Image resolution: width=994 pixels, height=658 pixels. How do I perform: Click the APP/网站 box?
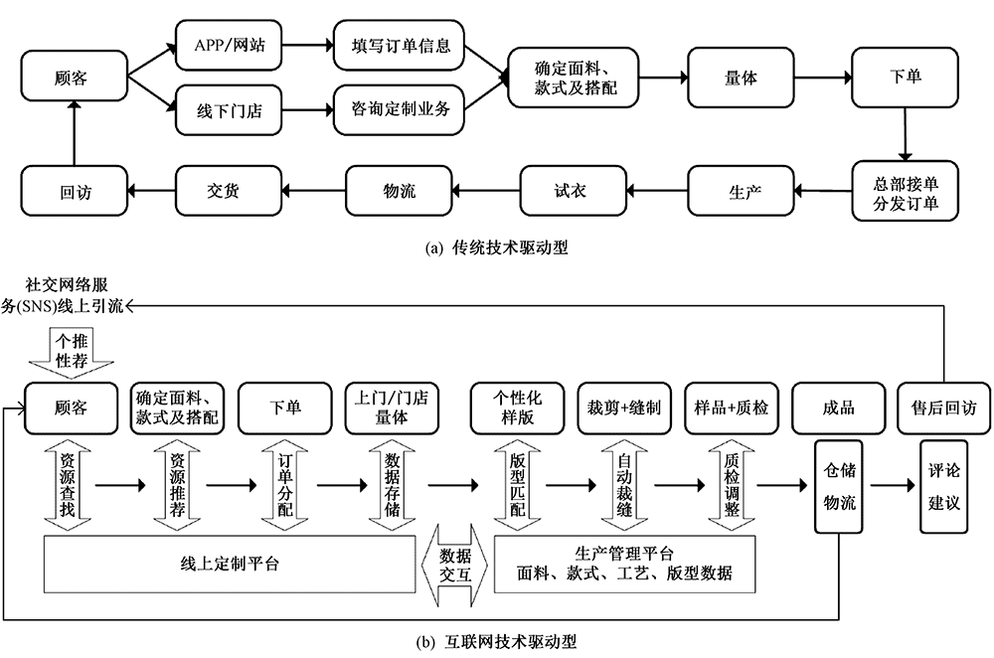(x=230, y=45)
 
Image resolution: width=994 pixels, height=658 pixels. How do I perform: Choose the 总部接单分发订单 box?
(x=905, y=191)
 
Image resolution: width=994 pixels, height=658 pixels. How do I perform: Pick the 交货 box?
(x=230, y=191)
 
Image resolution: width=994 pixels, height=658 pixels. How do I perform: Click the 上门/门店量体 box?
(x=391, y=408)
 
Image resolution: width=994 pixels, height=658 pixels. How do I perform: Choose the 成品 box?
(x=838, y=408)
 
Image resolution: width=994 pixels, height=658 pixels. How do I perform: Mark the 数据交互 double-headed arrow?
(x=454, y=564)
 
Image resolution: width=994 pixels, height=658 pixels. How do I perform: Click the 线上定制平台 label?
(x=229, y=564)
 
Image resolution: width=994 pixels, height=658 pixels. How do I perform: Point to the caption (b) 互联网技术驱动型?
(x=497, y=641)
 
